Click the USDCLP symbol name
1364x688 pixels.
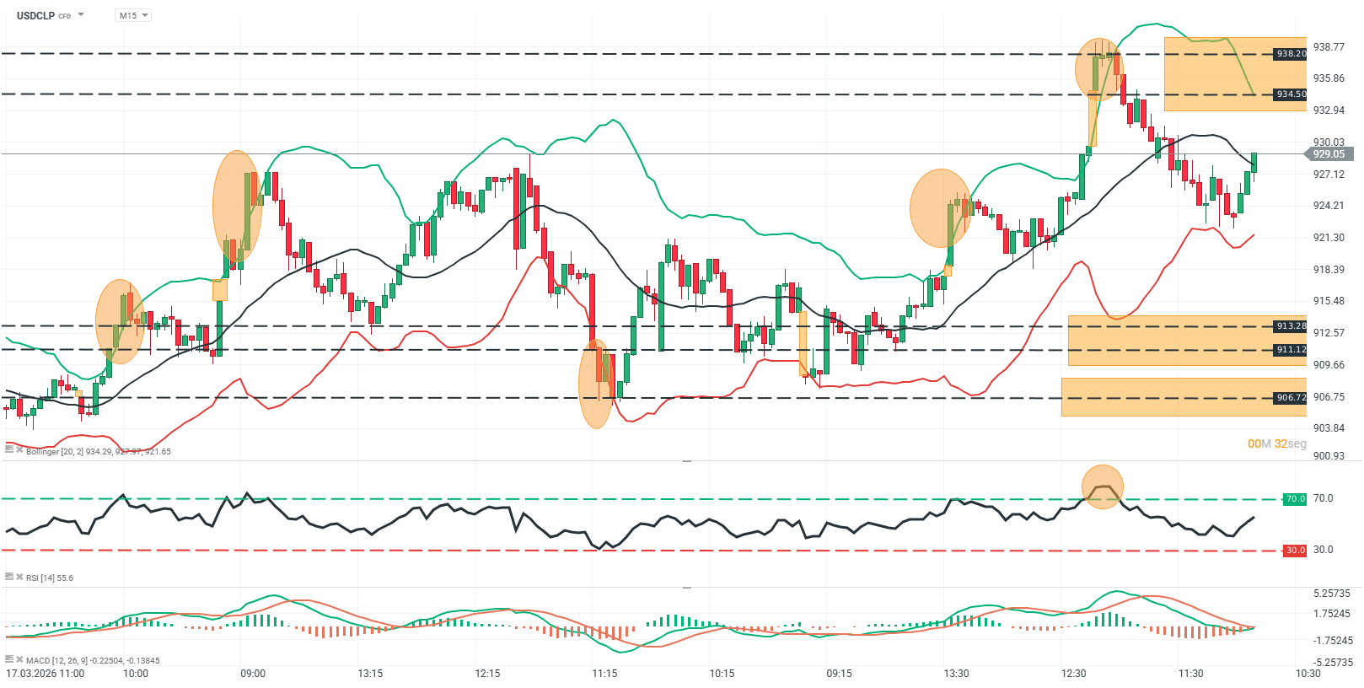[x=35, y=15]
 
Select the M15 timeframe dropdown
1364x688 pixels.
[x=132, y=15]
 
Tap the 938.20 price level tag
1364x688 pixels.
[x=1290, y=54]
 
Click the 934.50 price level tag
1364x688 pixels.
[x=1290, y=94]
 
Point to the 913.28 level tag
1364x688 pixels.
[x=1290, y=326]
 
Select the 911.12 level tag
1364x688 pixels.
[x=1290, y=350]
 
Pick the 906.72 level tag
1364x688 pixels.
[x=1290, y=398]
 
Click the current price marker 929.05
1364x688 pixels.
[x=1328, y=154]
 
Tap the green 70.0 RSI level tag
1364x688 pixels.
[x=1294, y=499]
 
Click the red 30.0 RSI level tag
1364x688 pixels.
[x=1294, y=551]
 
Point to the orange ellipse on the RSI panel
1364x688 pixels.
[x=1103, y=487]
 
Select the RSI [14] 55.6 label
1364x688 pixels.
[x=49, y=578]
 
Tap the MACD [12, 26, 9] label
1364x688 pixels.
[x=92, y=661]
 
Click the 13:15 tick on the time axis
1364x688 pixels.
[x=370, y=674]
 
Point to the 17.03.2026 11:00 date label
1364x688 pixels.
[x=46, y=674]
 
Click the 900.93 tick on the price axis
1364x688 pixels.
[x=1329, y=456]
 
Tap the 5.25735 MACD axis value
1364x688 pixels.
[x=1332, y=594]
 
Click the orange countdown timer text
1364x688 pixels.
[x=1276, y=443]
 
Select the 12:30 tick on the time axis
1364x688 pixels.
[x=1073, y=674]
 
